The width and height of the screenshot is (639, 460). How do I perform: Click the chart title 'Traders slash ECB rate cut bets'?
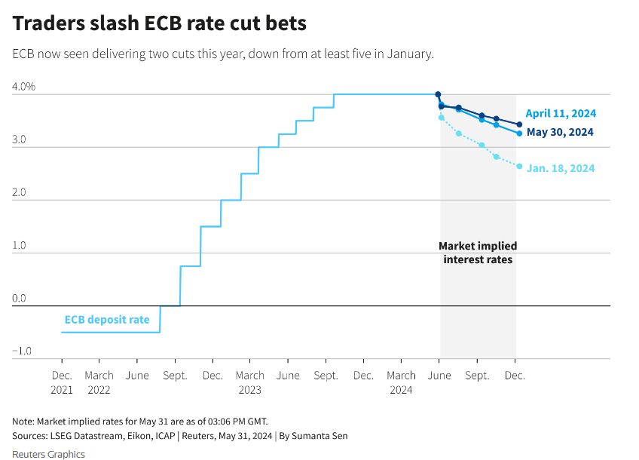[x=160, y=23]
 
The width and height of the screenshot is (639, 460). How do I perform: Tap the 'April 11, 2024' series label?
[x=561, y=114]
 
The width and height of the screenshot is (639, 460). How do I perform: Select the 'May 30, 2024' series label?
[x=560, y=132]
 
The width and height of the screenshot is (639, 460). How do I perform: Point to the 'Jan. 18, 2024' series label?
[x=561, y=168]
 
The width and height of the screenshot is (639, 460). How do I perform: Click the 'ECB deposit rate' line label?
[x=107, y=320]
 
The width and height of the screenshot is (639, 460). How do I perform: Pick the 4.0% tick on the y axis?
[x=23, y=87]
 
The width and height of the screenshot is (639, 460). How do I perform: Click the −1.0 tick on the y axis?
[x=22, y=351]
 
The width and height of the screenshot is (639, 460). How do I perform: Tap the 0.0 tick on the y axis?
[x=19, y=298]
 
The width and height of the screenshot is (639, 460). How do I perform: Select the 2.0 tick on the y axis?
[x=19, y=192]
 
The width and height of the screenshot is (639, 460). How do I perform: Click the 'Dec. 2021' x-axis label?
[x=62, y=382]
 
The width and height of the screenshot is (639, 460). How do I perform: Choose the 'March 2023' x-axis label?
[x=250, y=382]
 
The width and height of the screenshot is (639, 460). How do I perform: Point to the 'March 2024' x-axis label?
[x=401, y=382]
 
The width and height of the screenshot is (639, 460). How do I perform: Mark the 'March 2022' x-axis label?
[x=99, y=382]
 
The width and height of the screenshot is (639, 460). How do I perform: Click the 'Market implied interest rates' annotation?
[x=478, y=253]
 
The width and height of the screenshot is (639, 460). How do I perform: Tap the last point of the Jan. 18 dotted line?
[x=519, y=166]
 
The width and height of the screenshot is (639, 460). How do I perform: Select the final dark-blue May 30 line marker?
[x=519, y=124]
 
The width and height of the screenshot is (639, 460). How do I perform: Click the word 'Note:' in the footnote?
[x=23, y=421]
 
